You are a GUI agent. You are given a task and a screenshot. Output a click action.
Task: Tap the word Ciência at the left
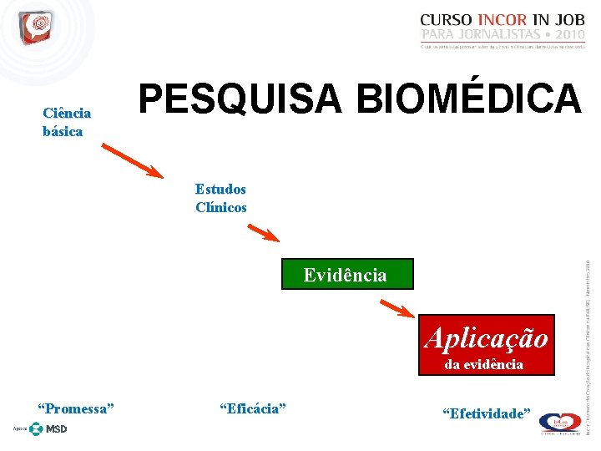click(x=67, y=114)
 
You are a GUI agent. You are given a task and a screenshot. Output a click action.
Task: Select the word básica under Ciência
click(x=63, y=131)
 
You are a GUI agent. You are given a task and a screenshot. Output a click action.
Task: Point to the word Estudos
click(x=220, y=190)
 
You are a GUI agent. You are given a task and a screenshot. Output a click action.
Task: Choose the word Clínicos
click(x=221, y=207)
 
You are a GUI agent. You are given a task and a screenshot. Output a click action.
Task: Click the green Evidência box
click(x=345, y=275)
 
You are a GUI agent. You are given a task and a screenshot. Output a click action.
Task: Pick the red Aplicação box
click(x=486, y=337)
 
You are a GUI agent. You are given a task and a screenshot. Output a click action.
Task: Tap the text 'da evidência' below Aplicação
click(x=484, y=364)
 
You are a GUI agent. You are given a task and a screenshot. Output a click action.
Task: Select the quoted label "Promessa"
click(x=76, y=408)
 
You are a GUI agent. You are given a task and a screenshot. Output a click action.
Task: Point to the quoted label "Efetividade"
click(x=486, y=413)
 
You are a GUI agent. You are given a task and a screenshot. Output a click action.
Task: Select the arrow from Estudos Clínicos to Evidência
click(x=266, y=231)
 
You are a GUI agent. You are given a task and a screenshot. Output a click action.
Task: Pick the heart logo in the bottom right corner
click(x=558, y=423)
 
